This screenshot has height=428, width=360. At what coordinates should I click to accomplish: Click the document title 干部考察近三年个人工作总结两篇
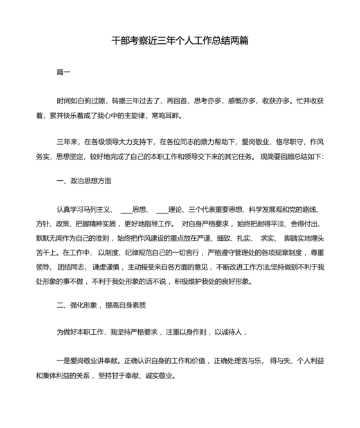(x=180, y=41)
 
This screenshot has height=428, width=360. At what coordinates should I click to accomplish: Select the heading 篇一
(x=64, y=71)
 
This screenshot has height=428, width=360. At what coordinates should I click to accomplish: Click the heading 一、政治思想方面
(x=84, y=181)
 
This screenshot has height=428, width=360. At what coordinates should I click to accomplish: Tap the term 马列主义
(x=101, y=209)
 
